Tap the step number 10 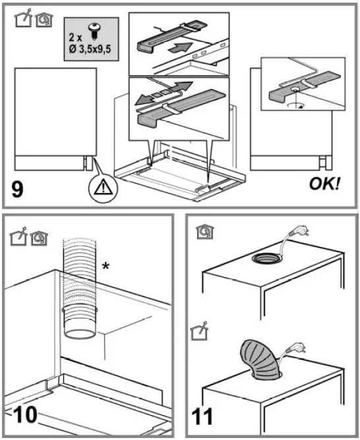[25, 416]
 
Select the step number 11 [204, 417]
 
